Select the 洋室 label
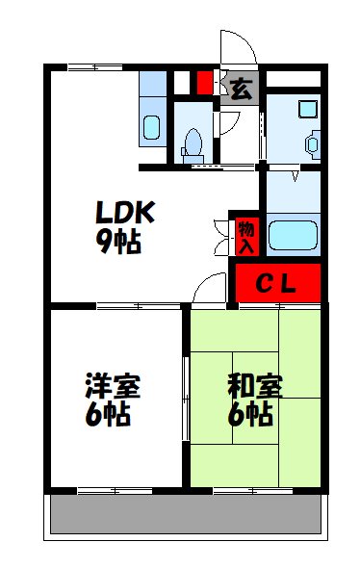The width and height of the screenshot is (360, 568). point(113,387)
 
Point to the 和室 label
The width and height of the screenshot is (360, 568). point(255,387)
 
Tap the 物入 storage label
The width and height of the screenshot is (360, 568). point(246,236)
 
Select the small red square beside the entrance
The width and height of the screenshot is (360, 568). point(205,84)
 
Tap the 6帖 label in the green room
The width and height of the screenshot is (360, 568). point(249,415)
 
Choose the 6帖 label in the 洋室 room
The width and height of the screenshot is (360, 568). point(107,415)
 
